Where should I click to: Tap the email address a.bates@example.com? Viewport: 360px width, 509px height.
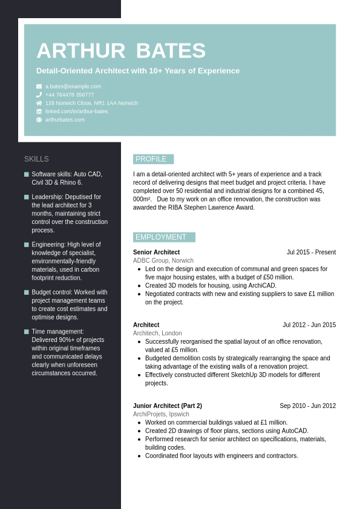73,87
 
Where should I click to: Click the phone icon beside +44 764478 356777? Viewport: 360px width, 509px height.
39,95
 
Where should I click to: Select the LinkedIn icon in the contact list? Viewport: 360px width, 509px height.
39,111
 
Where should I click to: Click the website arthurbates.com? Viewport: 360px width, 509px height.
65,120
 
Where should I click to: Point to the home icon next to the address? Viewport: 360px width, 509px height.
39,103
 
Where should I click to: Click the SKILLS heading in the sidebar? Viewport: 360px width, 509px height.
36,159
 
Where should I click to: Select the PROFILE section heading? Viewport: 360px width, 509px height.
151,159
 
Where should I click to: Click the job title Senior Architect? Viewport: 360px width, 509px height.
156,252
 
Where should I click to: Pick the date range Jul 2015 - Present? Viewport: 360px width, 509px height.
311,252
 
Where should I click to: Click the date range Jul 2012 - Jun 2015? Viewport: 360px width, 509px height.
309,325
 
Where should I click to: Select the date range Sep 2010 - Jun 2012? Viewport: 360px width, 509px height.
307,406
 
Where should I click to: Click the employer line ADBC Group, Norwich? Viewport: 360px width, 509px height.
163,261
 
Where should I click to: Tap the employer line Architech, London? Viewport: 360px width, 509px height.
157,333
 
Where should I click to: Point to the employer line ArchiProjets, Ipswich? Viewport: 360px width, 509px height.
161,414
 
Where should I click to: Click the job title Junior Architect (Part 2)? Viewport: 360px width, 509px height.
168,406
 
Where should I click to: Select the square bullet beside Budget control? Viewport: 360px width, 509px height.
27,292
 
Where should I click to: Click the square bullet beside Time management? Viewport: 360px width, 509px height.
27,332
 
